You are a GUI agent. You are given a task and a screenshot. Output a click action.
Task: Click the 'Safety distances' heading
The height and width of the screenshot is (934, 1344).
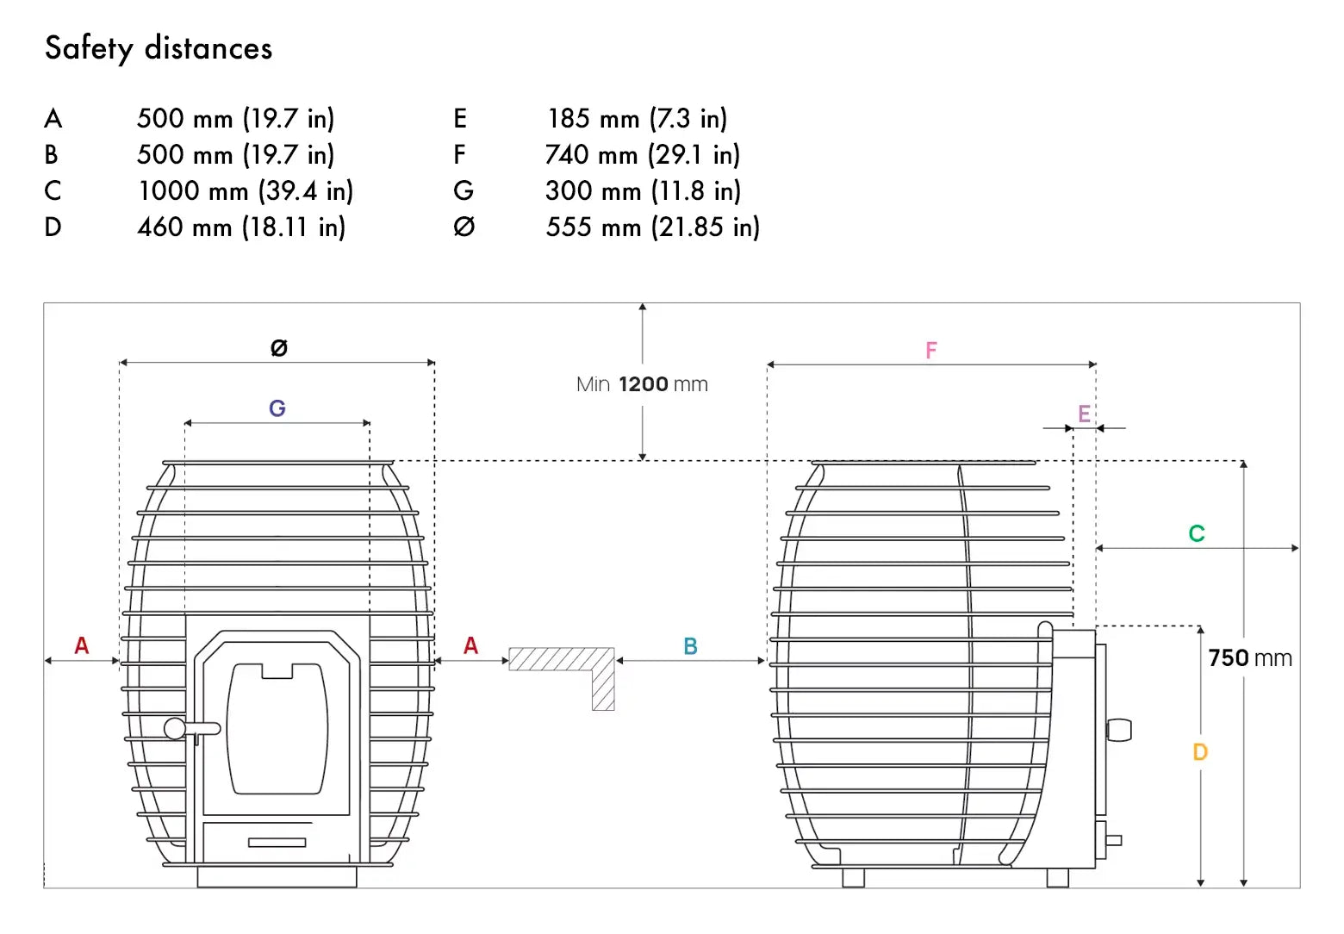[x=159, y=48]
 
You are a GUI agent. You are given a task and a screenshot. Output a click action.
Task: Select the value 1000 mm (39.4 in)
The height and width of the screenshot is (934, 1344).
[x=246, y=191]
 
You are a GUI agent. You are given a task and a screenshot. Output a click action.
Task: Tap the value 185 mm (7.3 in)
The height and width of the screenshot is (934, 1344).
[x=638, y=119]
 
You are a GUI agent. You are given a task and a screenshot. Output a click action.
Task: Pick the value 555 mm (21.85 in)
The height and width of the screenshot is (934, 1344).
[x=653, y=227]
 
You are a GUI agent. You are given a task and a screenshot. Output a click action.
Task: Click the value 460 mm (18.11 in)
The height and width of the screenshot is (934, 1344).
[x=241, y=227]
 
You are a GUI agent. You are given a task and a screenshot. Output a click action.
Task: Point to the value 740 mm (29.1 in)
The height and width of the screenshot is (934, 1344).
[x=643, y=155]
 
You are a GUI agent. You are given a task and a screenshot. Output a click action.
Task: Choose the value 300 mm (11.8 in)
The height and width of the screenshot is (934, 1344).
[x=644, y=191]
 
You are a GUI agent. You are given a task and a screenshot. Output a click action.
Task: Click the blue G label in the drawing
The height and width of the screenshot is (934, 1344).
[x=277, y=408]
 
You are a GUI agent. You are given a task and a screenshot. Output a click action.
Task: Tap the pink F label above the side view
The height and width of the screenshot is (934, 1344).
[x=931, y=351]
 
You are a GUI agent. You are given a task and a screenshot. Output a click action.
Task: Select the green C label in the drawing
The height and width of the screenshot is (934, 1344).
[x=1197, y=533]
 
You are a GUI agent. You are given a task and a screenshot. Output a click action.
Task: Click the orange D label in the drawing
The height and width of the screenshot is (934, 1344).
[x=1200, y=752]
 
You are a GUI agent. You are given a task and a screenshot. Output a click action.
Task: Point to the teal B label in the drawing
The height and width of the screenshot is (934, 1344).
[x=691, y=646]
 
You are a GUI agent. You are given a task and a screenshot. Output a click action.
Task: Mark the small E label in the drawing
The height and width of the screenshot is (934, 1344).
[x=1084, y=414]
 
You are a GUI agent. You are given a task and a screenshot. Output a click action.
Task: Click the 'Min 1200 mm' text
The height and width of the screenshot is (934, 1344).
[x=642, y=384]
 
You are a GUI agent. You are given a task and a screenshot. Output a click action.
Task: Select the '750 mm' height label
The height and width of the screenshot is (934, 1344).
[x=1250, y=658]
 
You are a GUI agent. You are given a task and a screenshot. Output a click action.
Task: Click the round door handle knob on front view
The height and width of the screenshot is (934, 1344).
[x=175, y=729]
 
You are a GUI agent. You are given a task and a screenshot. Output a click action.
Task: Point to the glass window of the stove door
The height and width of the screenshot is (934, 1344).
[x=277, y=729]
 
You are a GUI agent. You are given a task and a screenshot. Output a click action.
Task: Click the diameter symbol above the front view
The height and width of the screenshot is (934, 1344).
[x=279, y=347]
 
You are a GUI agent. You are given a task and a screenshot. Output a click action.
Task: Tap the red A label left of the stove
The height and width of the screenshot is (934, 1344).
[x=82, y=645]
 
